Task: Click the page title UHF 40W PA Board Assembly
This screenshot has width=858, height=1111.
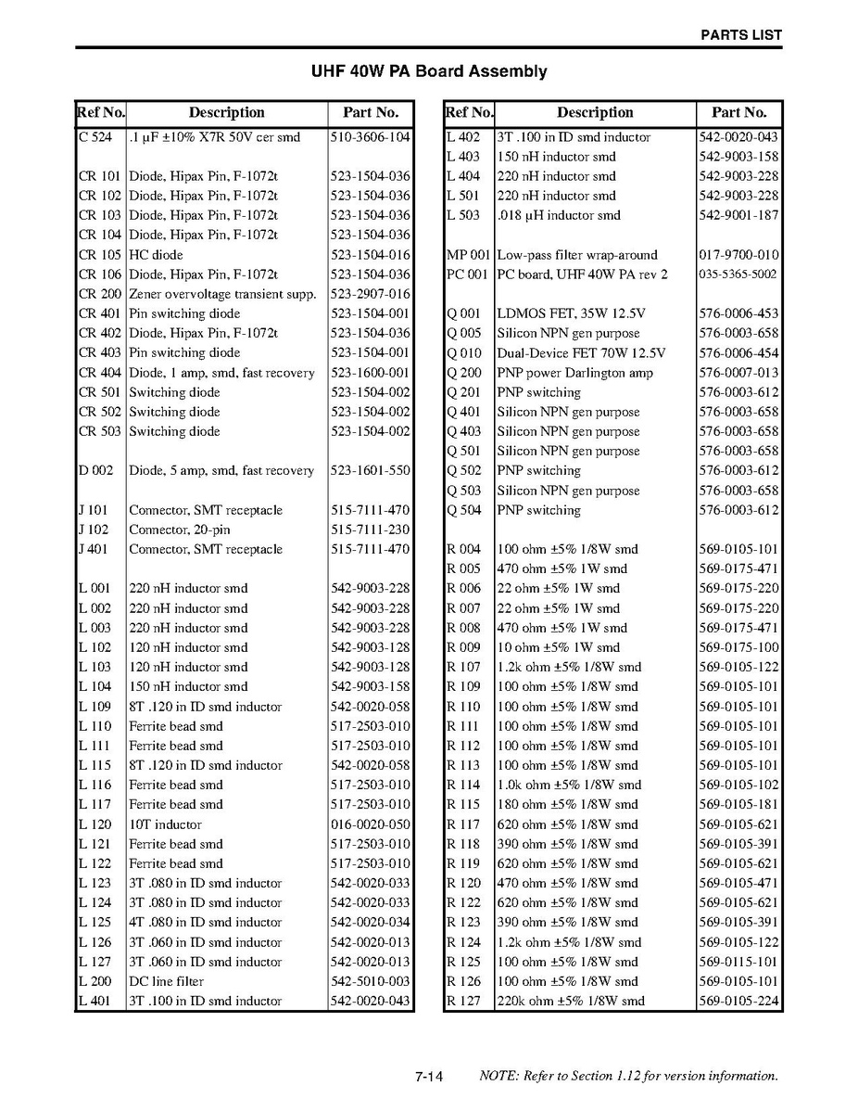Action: tap(428, 71)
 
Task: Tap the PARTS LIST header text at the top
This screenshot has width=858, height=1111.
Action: tap(740, 35)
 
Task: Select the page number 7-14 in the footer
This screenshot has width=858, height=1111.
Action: tap(430, 1077)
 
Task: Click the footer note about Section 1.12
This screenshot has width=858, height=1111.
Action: tap(628, 1077)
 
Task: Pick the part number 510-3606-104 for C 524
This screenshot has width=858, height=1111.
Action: tap(370, 137)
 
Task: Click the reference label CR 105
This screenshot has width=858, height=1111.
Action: tap(100, 255)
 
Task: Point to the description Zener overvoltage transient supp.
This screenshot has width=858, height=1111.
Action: tap(222, 294)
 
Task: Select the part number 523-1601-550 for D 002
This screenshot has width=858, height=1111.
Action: tap(370, 471)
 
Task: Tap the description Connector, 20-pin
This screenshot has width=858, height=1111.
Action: tap(180, 530)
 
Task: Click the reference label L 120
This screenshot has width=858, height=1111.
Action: tap(95, 824)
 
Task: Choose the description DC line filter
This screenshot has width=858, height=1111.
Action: tap(166, 981)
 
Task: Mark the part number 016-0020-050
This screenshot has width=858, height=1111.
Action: tap(370, 824)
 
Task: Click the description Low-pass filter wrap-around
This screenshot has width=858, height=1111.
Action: tap(577, 255)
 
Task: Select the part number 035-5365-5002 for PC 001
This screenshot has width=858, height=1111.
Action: tap(738, 275)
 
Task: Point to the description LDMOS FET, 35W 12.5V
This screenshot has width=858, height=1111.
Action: tap(572, 313)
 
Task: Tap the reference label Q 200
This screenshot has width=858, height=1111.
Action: tap(464, 373)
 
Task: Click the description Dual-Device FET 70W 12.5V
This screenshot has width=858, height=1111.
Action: tap(581, 353)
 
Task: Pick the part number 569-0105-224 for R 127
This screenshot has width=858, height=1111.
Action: tap(738, 1001)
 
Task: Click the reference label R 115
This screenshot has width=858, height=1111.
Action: tap(463, 805)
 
